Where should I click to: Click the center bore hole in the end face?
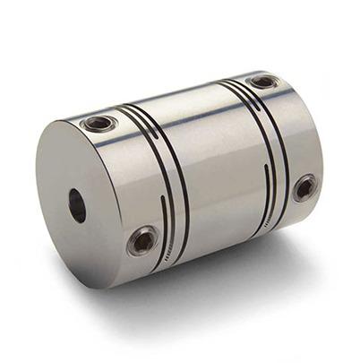pos(77,205)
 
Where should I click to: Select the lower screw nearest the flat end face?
pos(143,239)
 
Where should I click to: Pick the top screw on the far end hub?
pos(263,82)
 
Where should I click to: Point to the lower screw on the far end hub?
pos(304,187)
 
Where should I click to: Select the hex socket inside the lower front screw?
pos(143,240)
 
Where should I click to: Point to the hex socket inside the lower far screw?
pos(305,188)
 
